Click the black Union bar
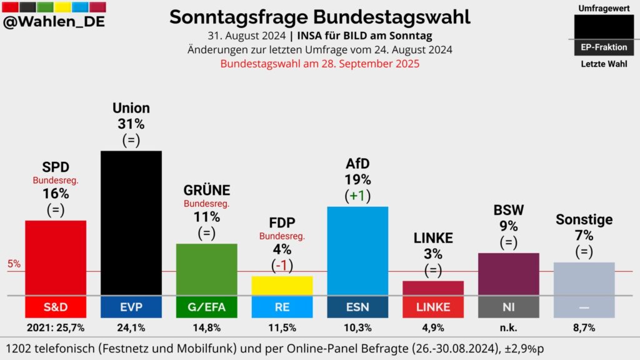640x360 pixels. click(x=131, y=222)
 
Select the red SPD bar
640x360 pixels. click(x=56, y=257)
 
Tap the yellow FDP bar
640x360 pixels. click(x=282, y=285)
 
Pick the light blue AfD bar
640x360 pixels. click(x=357, y=250)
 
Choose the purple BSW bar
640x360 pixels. click(x=508, y=274)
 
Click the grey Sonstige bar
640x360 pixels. click(x=584, y=278)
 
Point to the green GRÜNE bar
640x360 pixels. click(x=207, y=269)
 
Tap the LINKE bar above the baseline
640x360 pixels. click(x=432, y=287)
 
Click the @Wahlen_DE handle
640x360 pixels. click(x=54, y=22)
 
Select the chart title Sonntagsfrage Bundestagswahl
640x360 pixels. click(x=319, y=17)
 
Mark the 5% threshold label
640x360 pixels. click(x=14, y=264)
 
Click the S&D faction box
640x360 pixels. click(x=56, y=307)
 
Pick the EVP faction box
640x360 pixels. click(x=131, y=307)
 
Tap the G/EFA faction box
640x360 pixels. click(x=207, y=307)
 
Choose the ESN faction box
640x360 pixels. click(x=357, y=307)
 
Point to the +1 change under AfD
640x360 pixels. click(x=358, y=196)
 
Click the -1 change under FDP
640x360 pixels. click(x=282, y=265)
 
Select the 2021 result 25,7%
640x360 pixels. click(x=56, y=327)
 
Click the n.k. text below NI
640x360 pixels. click(x=508, y=327)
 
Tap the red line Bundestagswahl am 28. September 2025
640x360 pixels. click(x=319, y=63)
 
